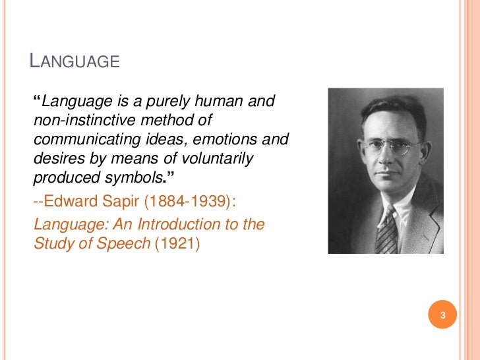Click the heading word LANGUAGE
[75, 62]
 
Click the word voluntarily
[220, 158]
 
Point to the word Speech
[128, 243]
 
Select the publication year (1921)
[176, 243]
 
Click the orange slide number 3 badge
[443, 315]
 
